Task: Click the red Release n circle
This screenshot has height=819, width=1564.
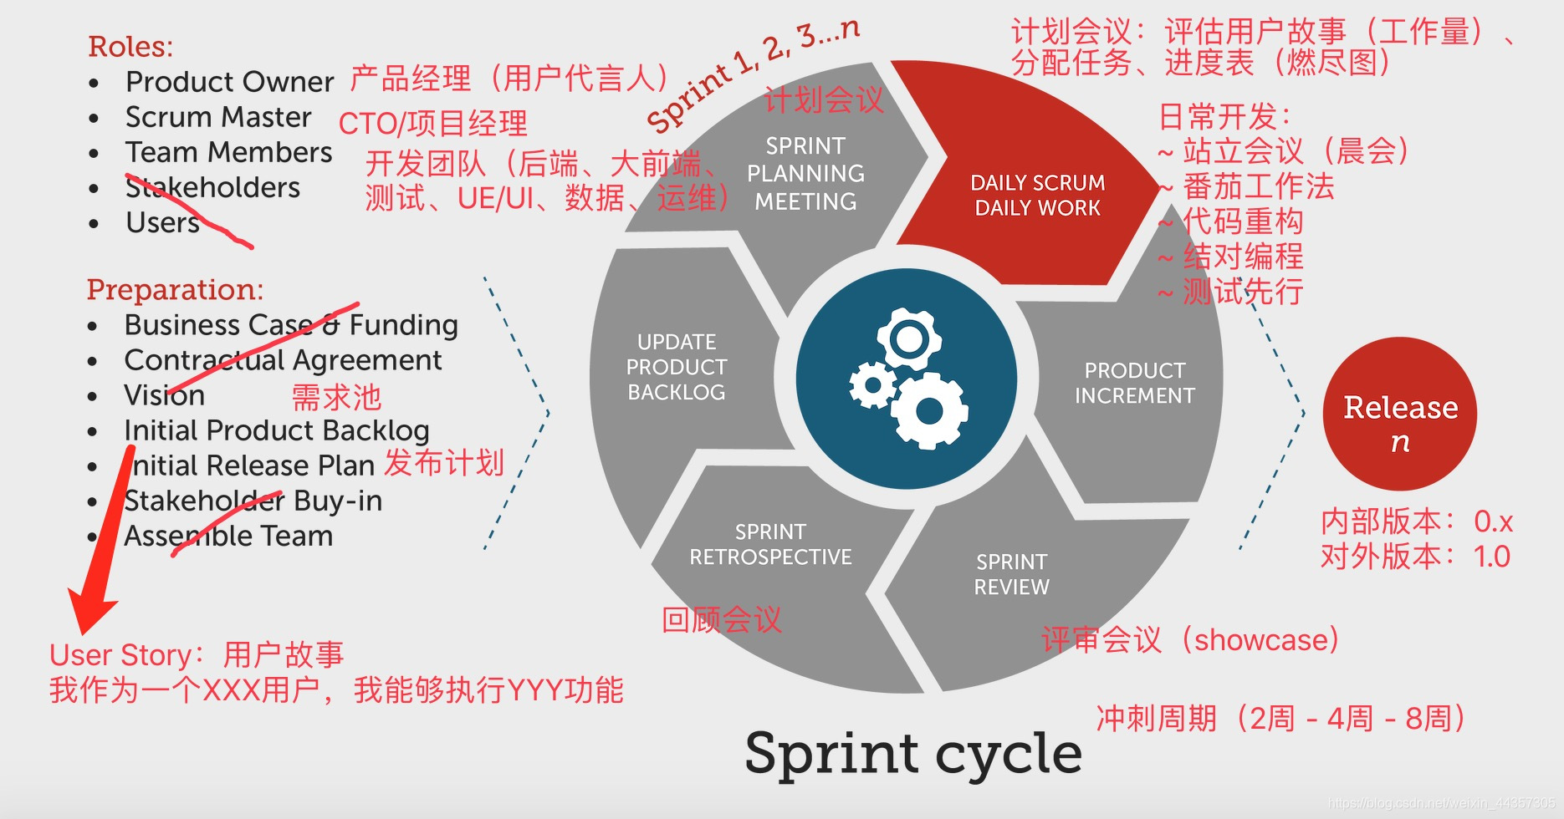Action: pos(1399,415)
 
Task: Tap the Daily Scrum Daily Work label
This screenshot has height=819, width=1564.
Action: pos(1037,196)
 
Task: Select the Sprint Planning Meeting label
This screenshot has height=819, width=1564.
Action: pos(805,174)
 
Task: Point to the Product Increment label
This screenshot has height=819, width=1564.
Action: pos(1134,383)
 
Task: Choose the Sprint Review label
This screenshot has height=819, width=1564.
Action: pos(1011,574)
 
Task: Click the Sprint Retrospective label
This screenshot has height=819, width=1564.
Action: pos(770,545)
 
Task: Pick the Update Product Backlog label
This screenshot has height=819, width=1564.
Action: pos(677,367)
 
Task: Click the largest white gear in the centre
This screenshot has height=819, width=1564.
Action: pos(929,410)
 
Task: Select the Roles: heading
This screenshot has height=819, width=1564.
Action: pos(130,47)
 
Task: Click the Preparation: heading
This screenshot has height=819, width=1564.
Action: pos(175,290)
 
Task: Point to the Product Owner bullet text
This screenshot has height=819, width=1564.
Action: pos(229,82)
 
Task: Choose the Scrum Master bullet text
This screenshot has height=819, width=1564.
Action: pos(218,118)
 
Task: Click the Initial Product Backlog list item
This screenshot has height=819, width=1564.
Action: pos(276,430)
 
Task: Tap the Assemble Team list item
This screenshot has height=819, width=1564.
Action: pos(228,536)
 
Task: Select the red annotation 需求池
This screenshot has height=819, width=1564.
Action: pos(336,397)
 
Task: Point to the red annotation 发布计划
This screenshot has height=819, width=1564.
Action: pos(444,463)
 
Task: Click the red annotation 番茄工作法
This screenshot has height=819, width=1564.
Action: pos(1258,186)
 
